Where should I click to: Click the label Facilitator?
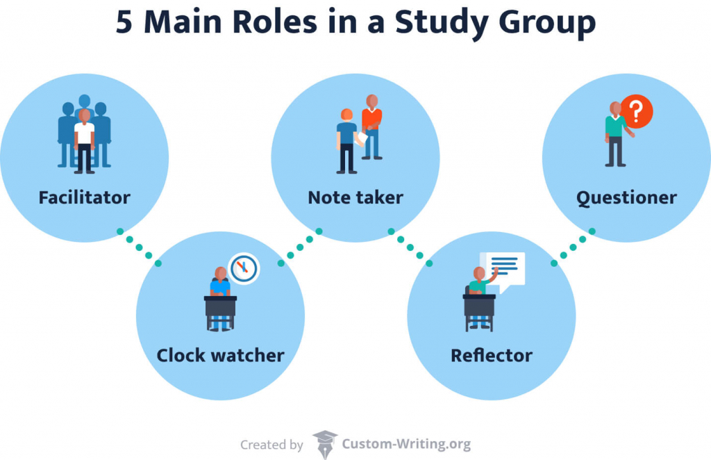coord(84,197)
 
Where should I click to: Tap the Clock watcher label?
coord(220,356)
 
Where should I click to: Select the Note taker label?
coord(355,197)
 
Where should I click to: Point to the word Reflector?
coord(491,356)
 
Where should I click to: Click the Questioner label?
coord(626,197)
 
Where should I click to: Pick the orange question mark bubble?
coord(636,112)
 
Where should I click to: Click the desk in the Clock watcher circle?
coord(220,306)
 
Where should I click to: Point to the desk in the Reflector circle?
coord(479,306)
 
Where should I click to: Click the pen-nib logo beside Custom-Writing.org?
coord(324,443)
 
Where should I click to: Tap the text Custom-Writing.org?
coord(406,444)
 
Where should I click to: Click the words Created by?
coord(271,445)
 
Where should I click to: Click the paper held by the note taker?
coord(361,139)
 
